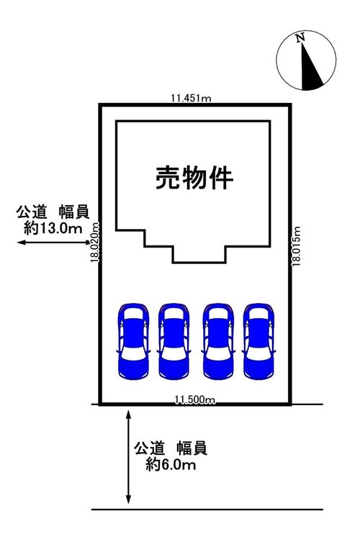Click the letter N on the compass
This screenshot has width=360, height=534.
(x=300, y=38)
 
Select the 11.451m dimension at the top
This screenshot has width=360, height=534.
(x=191, y=99)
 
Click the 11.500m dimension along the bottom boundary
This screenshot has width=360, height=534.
(x=194, y=399)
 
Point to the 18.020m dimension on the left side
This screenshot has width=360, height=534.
(x=95, y=242)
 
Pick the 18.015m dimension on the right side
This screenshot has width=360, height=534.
(x=296, y=245)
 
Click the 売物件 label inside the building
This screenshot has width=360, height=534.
(x=194, y=178)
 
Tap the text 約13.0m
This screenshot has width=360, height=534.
(x=53, y=228)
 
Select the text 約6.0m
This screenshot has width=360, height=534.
(x=171, y=464)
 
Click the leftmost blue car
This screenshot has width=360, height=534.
(x=133, y=341)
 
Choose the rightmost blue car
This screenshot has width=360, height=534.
(x=259, y=341)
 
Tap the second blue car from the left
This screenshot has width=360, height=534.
(x=174, y=341)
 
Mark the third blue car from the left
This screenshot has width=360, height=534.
(x=218, y=341)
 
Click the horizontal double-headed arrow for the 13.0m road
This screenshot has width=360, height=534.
(x=54, y=242)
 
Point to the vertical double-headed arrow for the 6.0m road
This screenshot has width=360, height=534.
(x=128, y=457)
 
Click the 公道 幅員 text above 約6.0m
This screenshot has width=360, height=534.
(x=171, y=448)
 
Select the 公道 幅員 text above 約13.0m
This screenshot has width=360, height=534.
(x=53, y=212)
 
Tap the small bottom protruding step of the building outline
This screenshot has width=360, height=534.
(x=199, y=254)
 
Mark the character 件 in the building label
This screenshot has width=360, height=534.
(x=221, y=178)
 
